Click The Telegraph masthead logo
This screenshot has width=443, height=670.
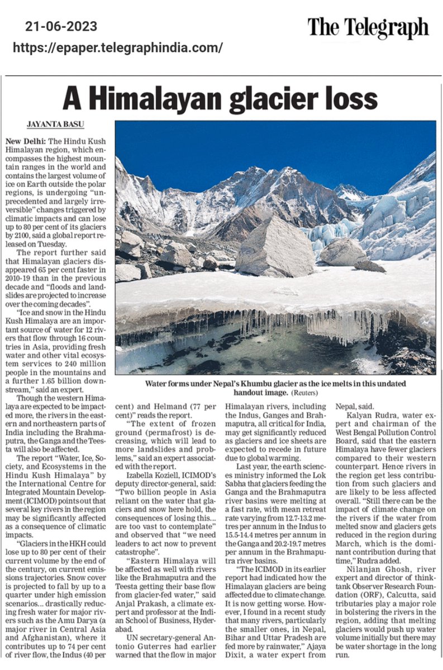click(368, 27)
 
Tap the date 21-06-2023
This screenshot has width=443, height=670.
click(61, 26)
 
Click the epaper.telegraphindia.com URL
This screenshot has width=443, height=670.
click(117, 47)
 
